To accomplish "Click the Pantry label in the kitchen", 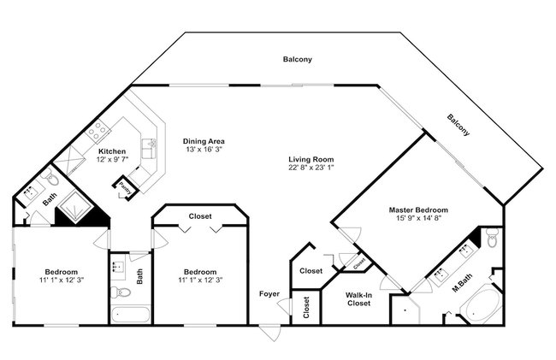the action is click(125, 188).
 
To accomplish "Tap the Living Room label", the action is click(311, 159).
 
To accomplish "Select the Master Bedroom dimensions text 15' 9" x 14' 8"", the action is click(418, 218).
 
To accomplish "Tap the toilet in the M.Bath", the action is click(492, 238).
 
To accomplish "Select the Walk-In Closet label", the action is click(359, 299).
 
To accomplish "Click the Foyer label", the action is click(269, 294).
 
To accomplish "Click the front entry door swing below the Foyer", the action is click(269, 333).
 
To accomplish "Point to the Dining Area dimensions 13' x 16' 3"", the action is click(204, 149).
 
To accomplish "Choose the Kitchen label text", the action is click(112, 151).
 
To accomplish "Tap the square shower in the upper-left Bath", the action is click(74, 207).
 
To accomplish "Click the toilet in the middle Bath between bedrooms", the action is click(121, 292).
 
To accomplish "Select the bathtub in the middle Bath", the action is click(131, 315).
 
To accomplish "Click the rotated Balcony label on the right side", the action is click(458, 125).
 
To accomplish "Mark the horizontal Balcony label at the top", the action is click(298, 59).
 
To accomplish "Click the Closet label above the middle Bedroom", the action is click(200, 216).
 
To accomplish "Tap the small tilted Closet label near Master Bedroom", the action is click(359, 263).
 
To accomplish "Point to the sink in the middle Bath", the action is click(118, 266).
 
